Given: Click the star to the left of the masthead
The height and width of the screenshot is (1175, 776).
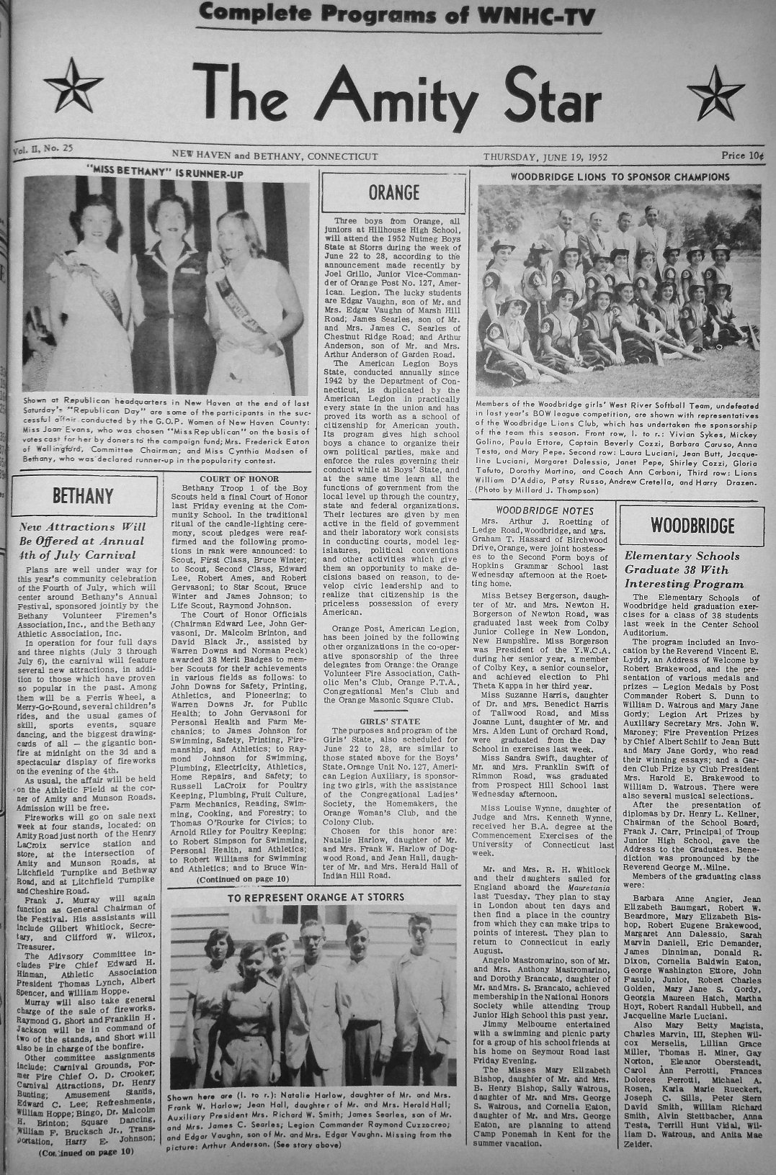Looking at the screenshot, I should pos(74,85).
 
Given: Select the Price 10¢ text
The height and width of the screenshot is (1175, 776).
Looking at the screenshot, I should pos(741,156).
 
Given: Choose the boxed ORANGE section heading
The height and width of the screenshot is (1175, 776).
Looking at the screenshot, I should pos(393,193).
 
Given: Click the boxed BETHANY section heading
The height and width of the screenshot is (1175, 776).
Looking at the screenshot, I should pos(83,496).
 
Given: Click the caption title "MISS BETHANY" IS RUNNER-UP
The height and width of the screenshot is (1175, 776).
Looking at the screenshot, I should pos(164,174).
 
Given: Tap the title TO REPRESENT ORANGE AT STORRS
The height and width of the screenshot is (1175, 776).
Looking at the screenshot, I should pos(315,897).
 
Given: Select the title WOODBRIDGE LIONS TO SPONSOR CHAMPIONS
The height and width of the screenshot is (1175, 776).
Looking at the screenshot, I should pos(619,176).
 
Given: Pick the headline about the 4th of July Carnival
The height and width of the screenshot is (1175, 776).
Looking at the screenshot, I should pos(82,541).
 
